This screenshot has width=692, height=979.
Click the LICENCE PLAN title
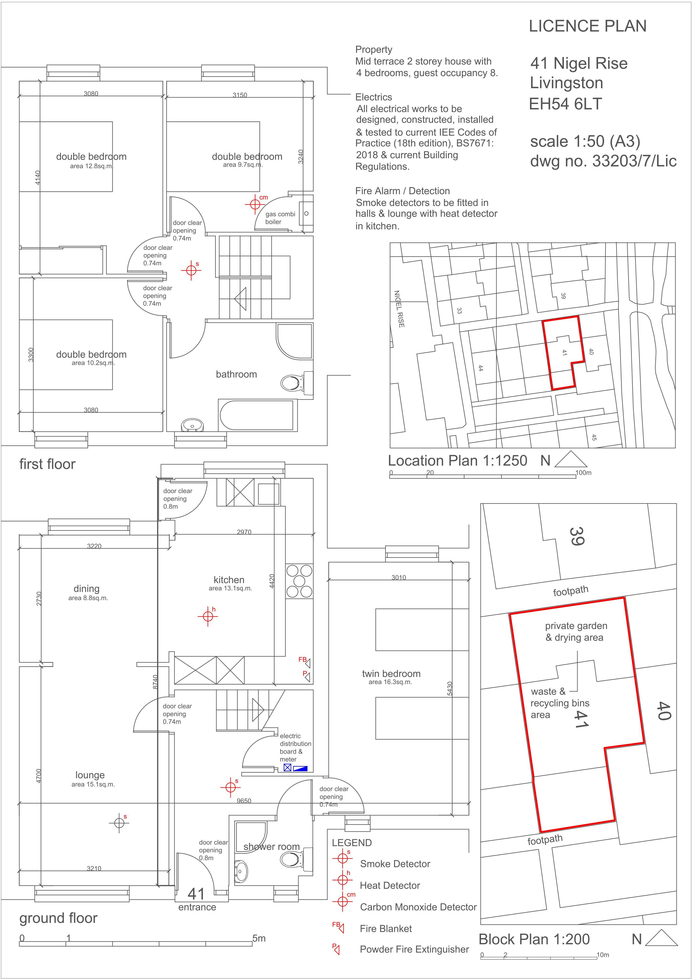[x=588, y=27]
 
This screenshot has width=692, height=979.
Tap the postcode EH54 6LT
[x=565, y=104]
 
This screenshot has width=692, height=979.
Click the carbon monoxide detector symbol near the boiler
[x=255, y=204]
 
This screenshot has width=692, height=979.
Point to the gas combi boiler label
[x=280, y=218]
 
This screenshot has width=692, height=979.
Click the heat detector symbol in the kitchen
[x=208, y=616]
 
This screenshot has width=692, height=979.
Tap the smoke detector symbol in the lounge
[x=119, y=822]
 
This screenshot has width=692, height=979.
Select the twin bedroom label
[x=391, y=674]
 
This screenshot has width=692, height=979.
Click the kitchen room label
[x=229, y=580]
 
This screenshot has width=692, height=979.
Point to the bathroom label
[x=236, y=374]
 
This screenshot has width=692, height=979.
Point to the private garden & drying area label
[x=576, y=631]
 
